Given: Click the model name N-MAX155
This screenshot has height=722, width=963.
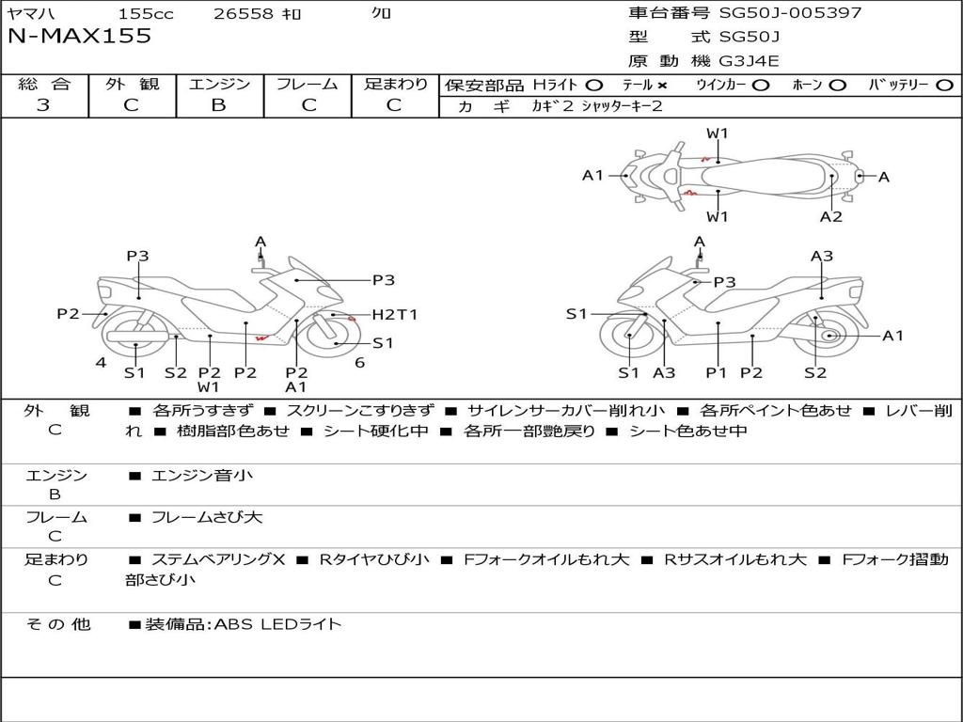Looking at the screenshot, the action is [x=79, y=37].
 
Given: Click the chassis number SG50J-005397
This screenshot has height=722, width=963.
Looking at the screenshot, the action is [x=790, y=12].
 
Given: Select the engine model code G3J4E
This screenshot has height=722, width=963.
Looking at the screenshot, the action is [x=749, y=61].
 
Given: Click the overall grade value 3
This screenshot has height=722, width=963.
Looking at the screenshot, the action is [x=43, y=105].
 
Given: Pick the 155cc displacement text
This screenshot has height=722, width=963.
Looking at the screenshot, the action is [x=146, y=13].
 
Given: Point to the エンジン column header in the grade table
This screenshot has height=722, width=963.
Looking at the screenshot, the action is [x=219, y=84].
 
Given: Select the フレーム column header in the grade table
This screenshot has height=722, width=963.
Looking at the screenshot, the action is [x=308, y=84].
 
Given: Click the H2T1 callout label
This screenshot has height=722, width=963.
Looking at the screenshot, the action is [x=395, y=315].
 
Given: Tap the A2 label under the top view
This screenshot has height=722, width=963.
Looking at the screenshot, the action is [x=831, y=217].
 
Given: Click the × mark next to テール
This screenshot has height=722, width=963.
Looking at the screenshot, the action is [x=662, y=86].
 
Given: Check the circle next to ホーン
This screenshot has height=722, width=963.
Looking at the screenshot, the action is [x=837, y=86].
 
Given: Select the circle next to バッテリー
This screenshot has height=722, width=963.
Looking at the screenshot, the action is [x=944, y=86].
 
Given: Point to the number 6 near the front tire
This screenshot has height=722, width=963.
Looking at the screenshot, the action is [x=360, y=363].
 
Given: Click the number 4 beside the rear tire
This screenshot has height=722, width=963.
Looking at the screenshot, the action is [x=101, y=363].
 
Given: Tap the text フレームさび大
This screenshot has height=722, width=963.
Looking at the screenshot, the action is [x=207, y=518].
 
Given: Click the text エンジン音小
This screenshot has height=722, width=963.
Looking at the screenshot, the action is [x=202, y=475].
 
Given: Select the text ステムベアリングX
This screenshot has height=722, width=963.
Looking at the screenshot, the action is [x=218, y=560].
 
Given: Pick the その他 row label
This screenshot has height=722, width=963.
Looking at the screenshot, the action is [x=57, y=624].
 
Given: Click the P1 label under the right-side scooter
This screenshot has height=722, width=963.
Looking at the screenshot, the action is [x=716, y=372].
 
